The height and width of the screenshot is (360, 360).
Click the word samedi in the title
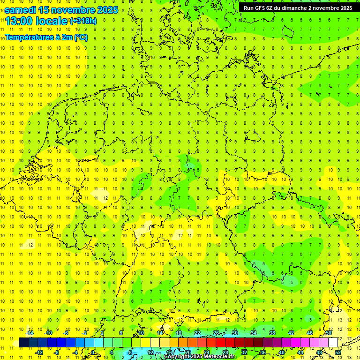click(21, 10)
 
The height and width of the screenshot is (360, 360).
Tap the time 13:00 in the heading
click(18, 21)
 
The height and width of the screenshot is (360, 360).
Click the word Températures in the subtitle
click(28, 37)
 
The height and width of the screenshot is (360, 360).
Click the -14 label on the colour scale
click(30, 333)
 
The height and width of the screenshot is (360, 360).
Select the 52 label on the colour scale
click(337, 352)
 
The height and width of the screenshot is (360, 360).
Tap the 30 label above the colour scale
click(234, 333)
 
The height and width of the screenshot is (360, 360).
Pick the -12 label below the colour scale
click(39, 352)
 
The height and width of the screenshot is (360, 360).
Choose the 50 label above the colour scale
click(329, 333)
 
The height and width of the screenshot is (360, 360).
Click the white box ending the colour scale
click(333, 342)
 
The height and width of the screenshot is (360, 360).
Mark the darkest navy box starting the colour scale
click(23, 342)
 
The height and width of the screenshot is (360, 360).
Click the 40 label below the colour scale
click(281, 352)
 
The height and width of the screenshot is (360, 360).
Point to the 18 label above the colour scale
click(179, 333)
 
